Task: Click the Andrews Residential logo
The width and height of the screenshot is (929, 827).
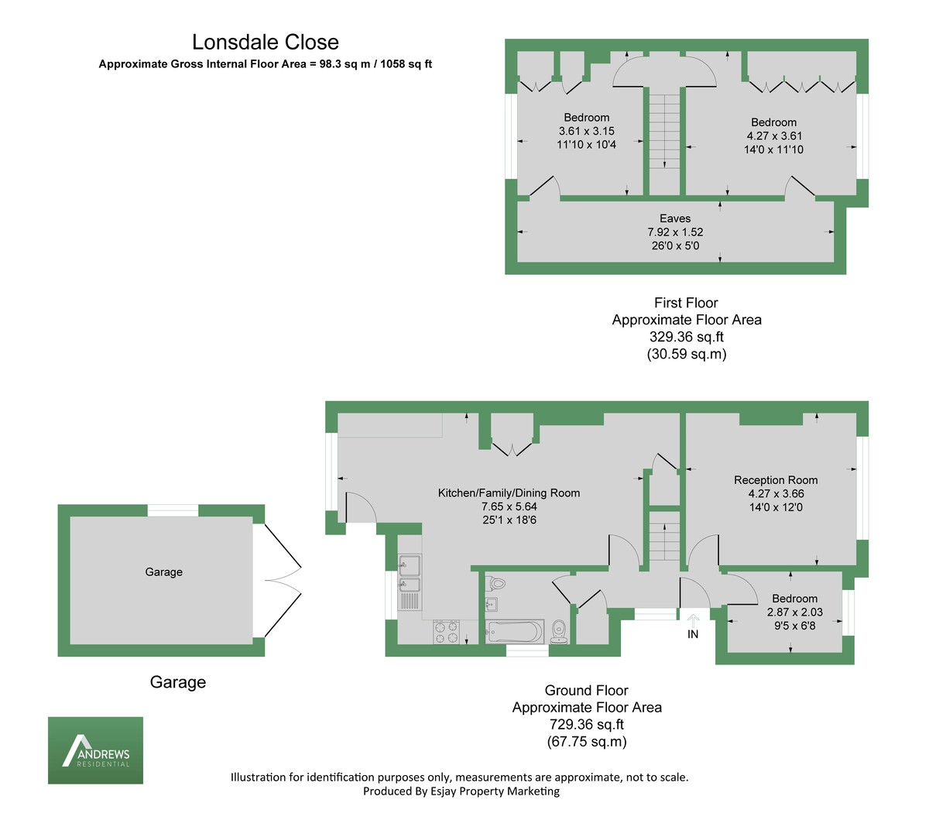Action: (x=95, y=750)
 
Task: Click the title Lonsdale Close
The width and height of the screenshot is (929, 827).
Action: (x=266, y=43)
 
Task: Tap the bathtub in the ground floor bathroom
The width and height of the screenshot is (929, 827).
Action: (x=513, y=632)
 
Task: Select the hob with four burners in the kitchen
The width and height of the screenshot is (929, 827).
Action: (x=447, y=632)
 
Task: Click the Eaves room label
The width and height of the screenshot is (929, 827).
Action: (x=675, y=218)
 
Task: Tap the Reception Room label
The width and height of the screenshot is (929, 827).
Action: (x=776, y=480)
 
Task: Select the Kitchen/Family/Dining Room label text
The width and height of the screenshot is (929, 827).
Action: (x=509, y=492)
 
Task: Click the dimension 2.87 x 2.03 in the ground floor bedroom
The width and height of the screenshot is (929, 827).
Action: (x=795, y=612)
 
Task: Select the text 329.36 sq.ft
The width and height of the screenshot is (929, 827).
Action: (x=687, y=337)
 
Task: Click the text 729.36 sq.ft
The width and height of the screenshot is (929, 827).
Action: (x=587, y=725)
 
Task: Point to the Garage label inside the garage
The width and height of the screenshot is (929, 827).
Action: (x=164, y=572)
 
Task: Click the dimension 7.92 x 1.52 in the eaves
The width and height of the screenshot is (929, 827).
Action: (x=675, y=232)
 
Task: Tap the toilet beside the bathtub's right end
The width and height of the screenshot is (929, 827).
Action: (x=559, y=631)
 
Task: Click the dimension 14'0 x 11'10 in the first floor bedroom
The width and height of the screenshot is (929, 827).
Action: (x=773, y=149)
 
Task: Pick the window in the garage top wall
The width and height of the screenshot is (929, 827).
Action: (x=173, y=510)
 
